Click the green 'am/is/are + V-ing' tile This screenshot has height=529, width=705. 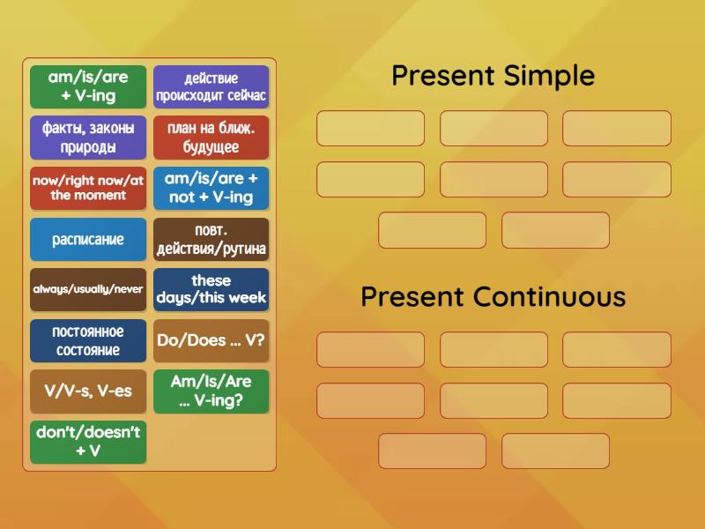pos(88,86)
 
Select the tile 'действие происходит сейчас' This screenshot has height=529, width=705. pos(211,86)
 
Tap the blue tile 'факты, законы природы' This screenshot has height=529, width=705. pos(88,138)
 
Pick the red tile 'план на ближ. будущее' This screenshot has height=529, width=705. pos(211,138)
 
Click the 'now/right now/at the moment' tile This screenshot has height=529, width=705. pos(88,188)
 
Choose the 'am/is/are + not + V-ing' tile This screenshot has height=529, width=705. pos(211,188)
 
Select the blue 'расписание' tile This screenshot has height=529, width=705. pos(88,239)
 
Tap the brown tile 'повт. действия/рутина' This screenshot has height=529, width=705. pos(211,239)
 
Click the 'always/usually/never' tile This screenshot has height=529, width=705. pos(88,289)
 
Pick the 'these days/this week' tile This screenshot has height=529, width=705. pos(211,289)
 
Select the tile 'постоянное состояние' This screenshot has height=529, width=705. pos(88,340)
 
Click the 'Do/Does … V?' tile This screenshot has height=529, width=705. pos(211,340)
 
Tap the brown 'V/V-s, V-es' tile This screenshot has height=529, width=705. pos(88,391)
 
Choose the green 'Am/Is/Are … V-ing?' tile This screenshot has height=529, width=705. pos(211,391)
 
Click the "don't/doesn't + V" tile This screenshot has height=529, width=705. pos(88,442)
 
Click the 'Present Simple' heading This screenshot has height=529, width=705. pos(493,76)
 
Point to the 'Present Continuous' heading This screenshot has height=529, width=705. pos(493,296)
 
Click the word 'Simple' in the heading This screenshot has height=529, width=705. pos(548,77)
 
